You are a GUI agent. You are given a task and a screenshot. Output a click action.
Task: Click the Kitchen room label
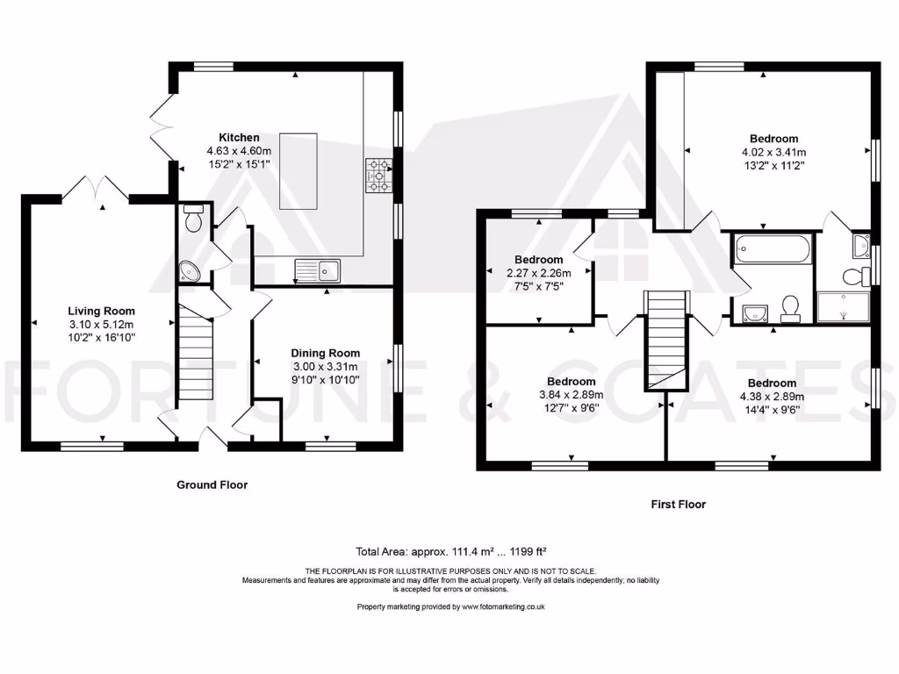coord(239,138)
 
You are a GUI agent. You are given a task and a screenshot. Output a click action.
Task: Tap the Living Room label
coord(102,312)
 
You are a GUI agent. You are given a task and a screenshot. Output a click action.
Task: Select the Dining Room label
coord(325,353)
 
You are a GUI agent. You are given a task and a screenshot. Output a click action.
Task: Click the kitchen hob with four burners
coord(378,176)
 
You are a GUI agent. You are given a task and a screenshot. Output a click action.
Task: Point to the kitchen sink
coord(318,270)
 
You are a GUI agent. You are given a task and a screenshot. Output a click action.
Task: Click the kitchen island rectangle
coord(298,171)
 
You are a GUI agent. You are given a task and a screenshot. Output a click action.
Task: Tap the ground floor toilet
coord(193,218)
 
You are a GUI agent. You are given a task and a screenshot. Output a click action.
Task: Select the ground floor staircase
coord(196,353)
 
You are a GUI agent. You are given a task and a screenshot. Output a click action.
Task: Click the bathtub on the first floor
coord(773,249)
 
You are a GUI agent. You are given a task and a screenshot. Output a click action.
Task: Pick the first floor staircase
coord(665,341)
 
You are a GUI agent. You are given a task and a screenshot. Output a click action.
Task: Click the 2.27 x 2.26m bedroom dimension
coord(539,274)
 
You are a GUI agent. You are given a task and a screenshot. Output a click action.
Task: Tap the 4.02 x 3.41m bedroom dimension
coord(774,153)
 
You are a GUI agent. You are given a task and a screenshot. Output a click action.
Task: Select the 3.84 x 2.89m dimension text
coord(571,395)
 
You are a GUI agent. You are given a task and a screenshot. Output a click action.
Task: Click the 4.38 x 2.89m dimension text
coord(772,397)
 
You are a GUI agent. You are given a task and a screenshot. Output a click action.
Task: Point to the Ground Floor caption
coord(212,484)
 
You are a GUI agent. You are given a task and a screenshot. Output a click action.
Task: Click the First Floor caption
coord(679,505)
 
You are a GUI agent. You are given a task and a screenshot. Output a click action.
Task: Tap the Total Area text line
coord(450,552)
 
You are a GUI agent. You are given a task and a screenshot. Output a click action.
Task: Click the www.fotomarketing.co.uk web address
coord(503,607)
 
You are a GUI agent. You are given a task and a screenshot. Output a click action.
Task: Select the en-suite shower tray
coord(843,306)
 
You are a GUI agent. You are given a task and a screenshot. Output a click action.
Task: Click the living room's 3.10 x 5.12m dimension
coord(102,325)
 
